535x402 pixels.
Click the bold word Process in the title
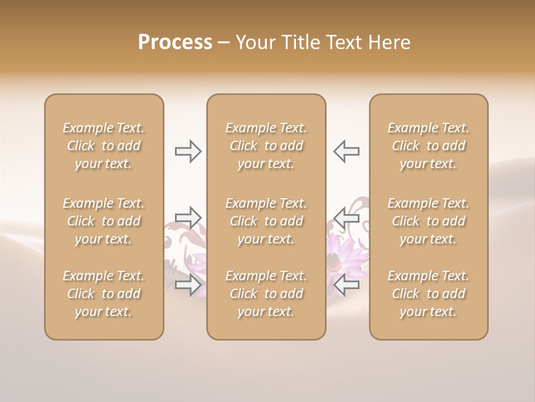(x=175, y=42)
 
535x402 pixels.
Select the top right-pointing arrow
(x=188, y=151)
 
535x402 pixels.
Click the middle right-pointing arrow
(x=188, y=217)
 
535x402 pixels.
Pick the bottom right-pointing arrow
(x=188, y=285)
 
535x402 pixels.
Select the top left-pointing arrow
(x=346, y=151)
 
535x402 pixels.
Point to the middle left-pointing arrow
(x=346, y=217)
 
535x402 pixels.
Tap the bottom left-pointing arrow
(x=346, y=285)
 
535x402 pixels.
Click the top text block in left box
(x=104, y=146)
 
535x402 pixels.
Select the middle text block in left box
(x=104, y=221)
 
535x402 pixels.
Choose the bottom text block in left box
(x=104, y=294)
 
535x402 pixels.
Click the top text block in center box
(x=266, y=146)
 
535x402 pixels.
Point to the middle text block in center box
(x=266, y=221)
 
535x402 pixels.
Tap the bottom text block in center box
(x=266, y=294)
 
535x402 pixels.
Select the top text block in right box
(x=428, y=146)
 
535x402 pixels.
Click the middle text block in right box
(x=428, y=221)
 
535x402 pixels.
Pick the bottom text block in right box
(x=428, y=294)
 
